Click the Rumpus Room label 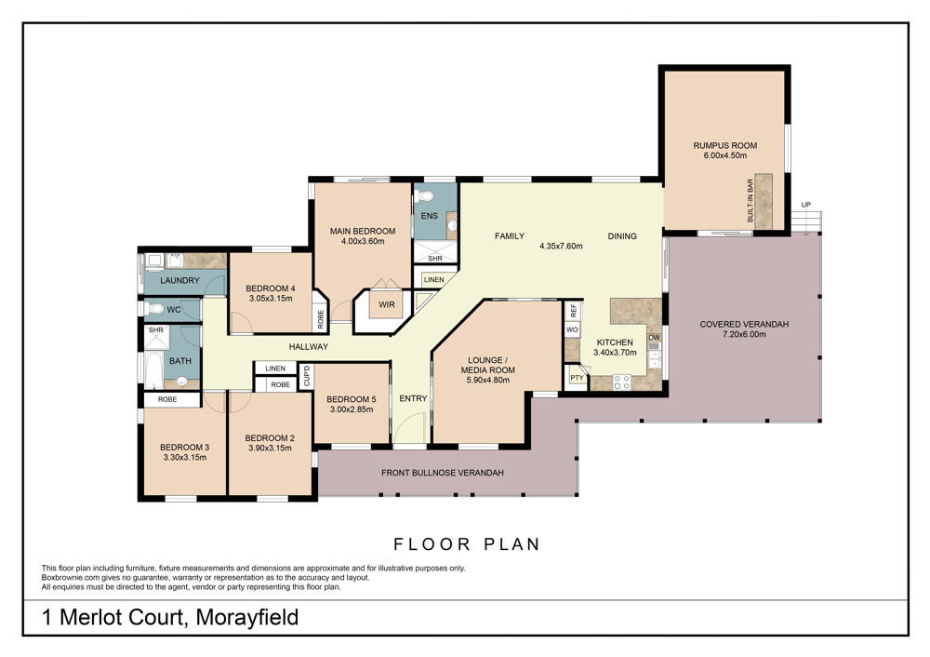point(724,145)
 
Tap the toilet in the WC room point(155,309)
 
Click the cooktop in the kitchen point(621,382)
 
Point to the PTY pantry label point(577,378)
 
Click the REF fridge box point(574,311)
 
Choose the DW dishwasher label point(654,338)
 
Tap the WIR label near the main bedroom point(387,304)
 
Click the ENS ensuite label point(430,216)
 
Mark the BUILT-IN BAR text point(751,201)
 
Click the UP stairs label point(806,205)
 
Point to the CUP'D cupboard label point(307,376)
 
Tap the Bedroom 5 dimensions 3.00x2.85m point(352,409)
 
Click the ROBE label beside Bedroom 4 point(321,319)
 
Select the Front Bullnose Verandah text point(443,473)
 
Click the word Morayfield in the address point(246,618)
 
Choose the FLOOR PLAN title point(468,544)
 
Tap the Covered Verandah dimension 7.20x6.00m point(744,334)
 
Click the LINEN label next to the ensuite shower point(434,279)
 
